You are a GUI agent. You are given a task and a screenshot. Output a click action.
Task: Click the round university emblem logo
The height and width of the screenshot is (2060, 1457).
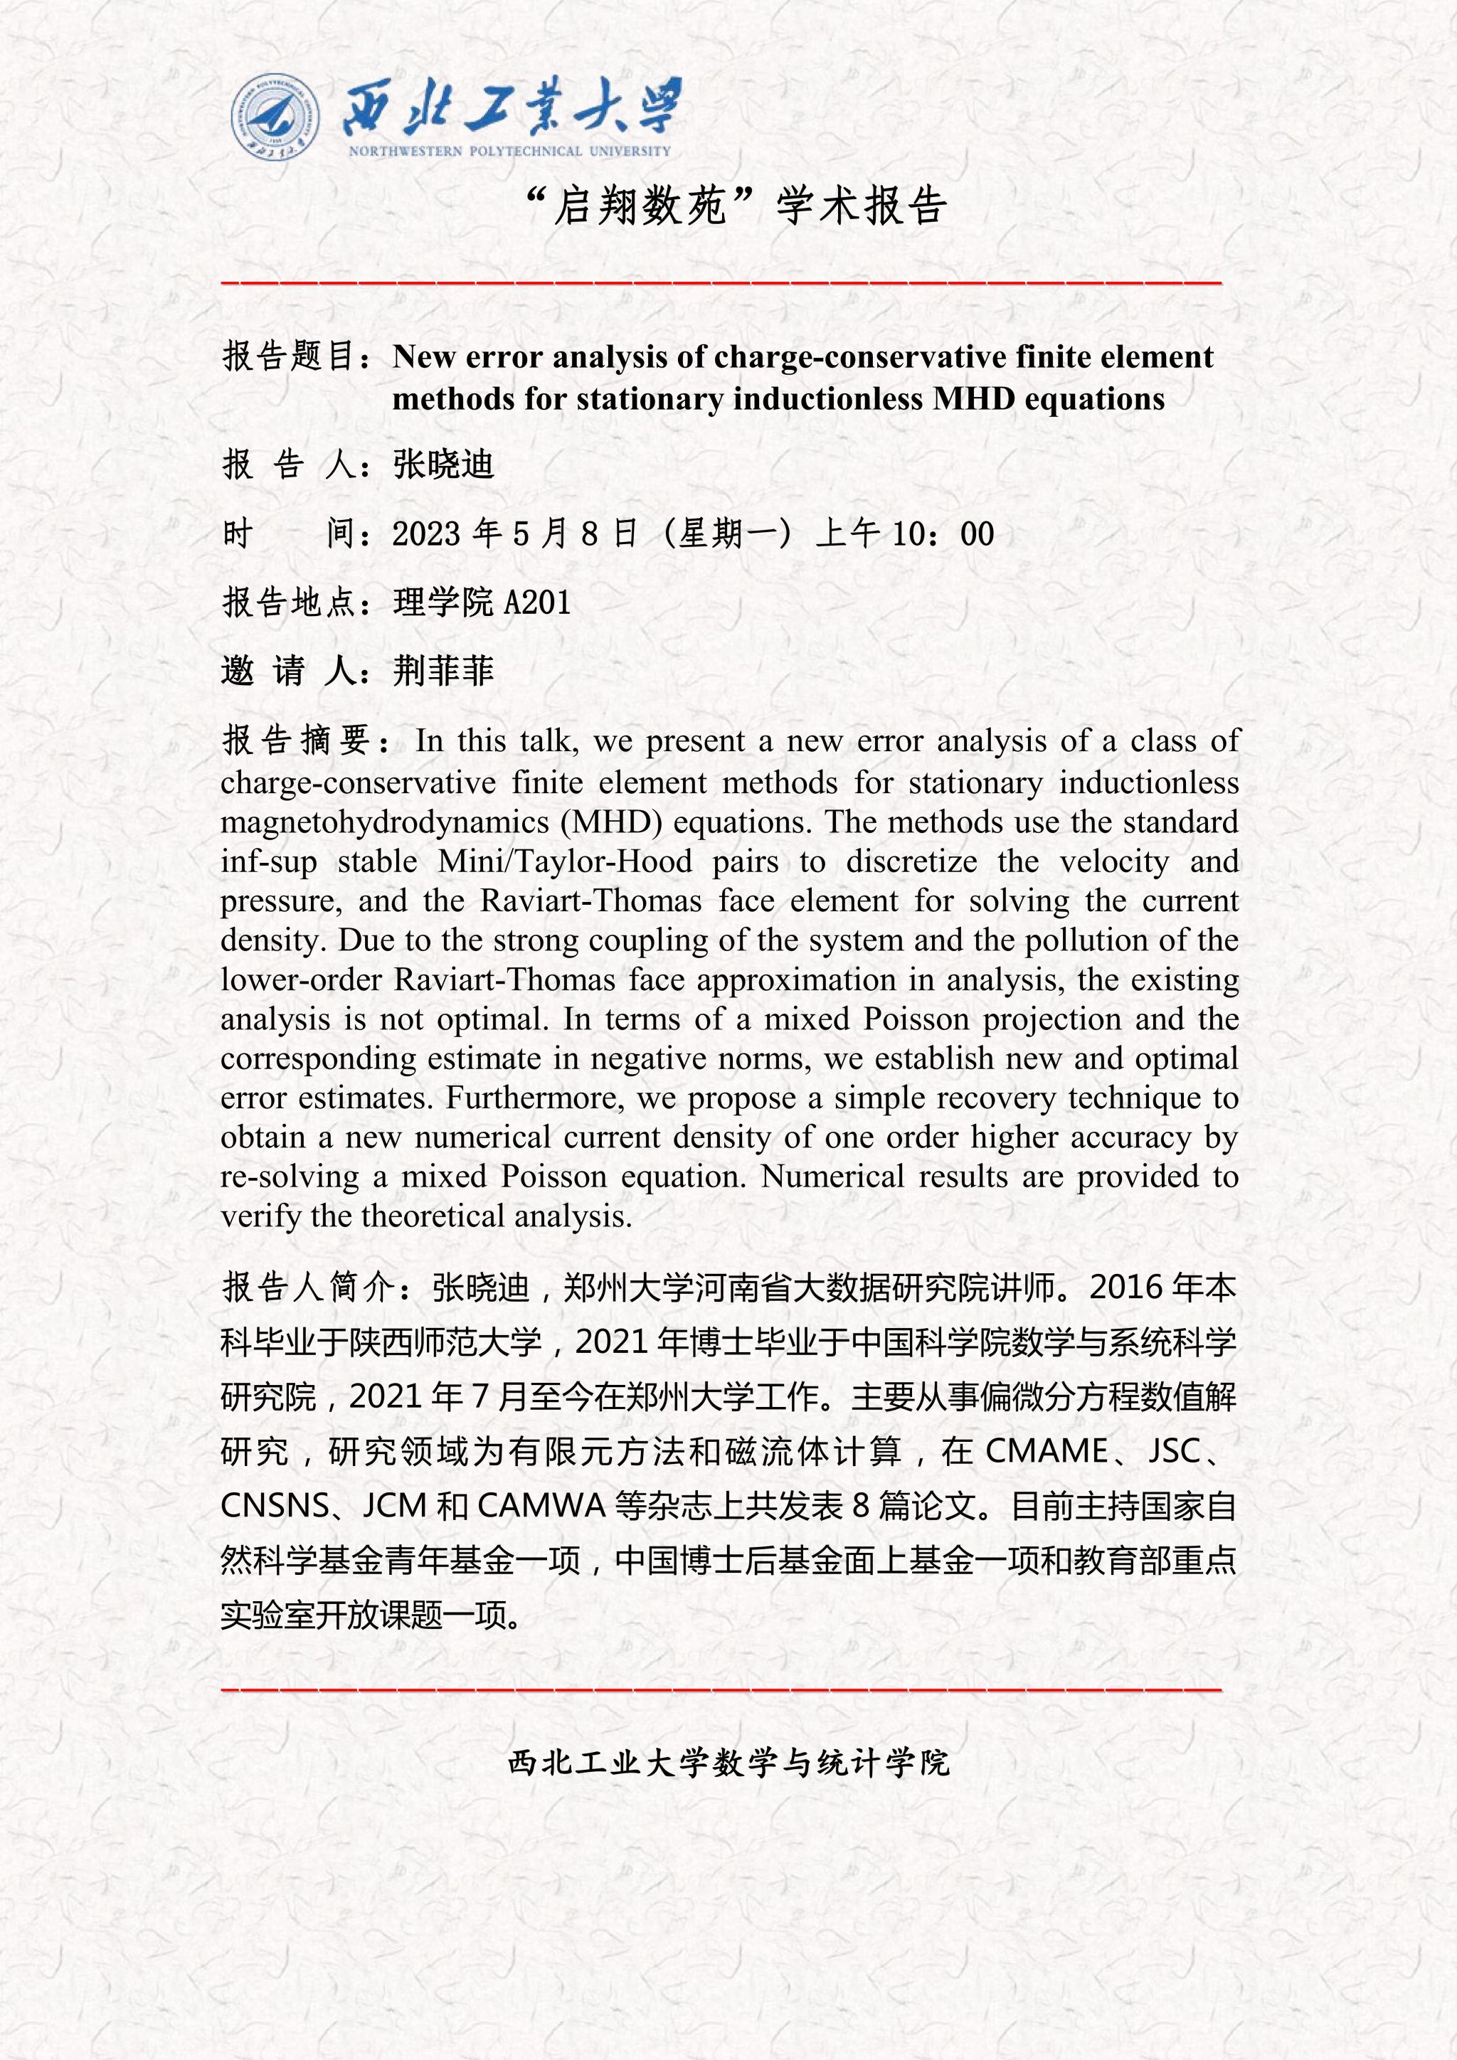275,118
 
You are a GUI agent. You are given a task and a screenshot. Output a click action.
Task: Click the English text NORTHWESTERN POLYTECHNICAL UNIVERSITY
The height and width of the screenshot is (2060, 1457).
509,152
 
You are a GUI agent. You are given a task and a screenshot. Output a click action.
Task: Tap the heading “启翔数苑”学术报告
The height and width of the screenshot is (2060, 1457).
736,206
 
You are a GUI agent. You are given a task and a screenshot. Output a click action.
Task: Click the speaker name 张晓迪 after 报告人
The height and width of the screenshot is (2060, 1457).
443,464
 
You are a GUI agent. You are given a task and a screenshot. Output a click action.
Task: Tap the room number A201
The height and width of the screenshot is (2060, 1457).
537,602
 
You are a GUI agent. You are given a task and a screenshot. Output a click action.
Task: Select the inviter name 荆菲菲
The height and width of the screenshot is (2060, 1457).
443,670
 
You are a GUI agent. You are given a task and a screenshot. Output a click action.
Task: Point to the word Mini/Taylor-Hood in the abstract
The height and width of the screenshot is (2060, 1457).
565,861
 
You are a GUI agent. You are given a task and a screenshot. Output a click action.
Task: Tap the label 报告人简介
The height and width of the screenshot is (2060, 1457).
309,1287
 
